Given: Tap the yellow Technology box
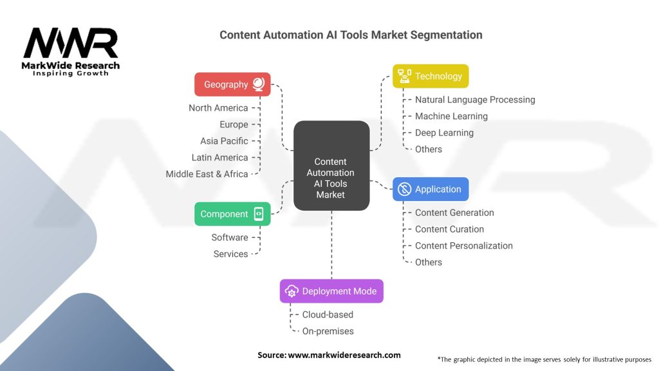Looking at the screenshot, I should [x=431, y=76].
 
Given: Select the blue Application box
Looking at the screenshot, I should [x=431, y=189].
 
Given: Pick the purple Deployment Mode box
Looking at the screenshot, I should [x=331, y=291].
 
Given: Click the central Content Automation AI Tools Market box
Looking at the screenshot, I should [x=331, y=166].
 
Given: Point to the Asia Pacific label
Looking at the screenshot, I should [x=224, y=141].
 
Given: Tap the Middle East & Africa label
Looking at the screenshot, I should [x=207, y=174].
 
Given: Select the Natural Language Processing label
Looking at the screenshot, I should [x=475, y=100].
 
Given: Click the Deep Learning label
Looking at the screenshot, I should [x=444, y=133].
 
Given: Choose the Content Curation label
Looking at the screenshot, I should [x=449, y=229].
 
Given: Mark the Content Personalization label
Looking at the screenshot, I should [x=463, y=245].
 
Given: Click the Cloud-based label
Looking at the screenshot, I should [x=328, y=315].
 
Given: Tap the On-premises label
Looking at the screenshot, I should [x=328, y=331].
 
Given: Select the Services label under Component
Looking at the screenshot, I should [x=230, y=254].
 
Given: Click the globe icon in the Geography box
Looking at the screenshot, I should [x=258, y=84].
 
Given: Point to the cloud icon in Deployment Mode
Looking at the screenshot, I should [x=291, y=291].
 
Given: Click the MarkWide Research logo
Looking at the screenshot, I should [x=71, y=52].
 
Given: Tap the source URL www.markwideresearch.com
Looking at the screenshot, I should [x=344, y=355].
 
